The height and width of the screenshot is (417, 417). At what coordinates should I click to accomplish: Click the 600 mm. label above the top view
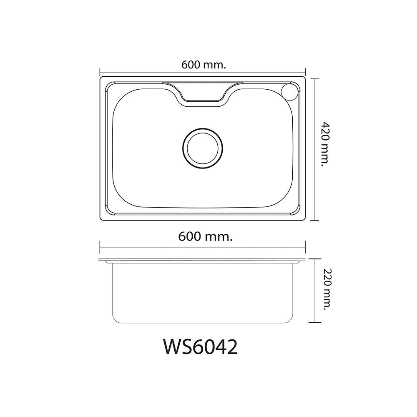pyautogui.click(x=203, y=65)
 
